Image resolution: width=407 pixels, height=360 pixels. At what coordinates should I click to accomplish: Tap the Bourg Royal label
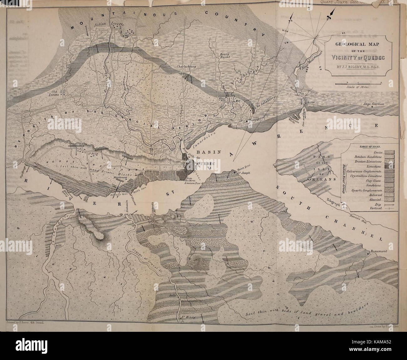225,55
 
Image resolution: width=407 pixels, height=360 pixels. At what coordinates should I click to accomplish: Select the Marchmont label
121,177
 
